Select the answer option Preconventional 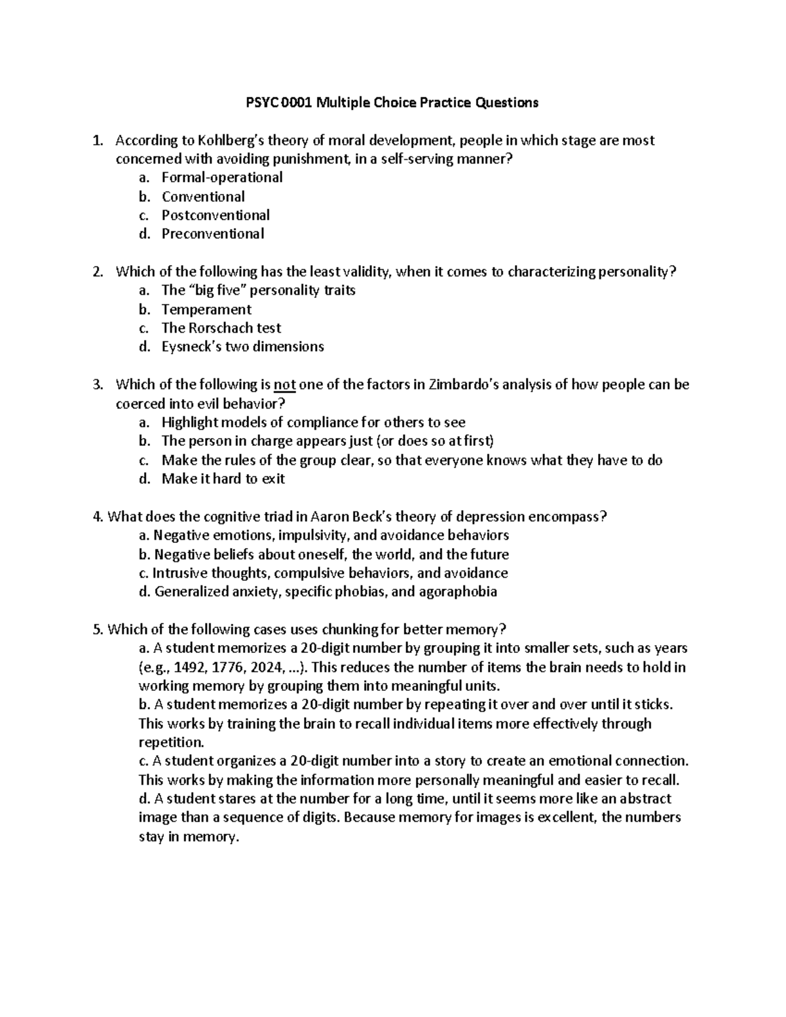point(213,234)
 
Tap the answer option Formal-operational point(222,177)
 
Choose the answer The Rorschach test point(221,328)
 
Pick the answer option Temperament point(206,310)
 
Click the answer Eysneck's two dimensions point(242,346)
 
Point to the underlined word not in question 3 point(284,384)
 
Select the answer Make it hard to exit point(223,479)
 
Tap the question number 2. point(98,272)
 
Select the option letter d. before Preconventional point(145,234)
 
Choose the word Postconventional point(215,215)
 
